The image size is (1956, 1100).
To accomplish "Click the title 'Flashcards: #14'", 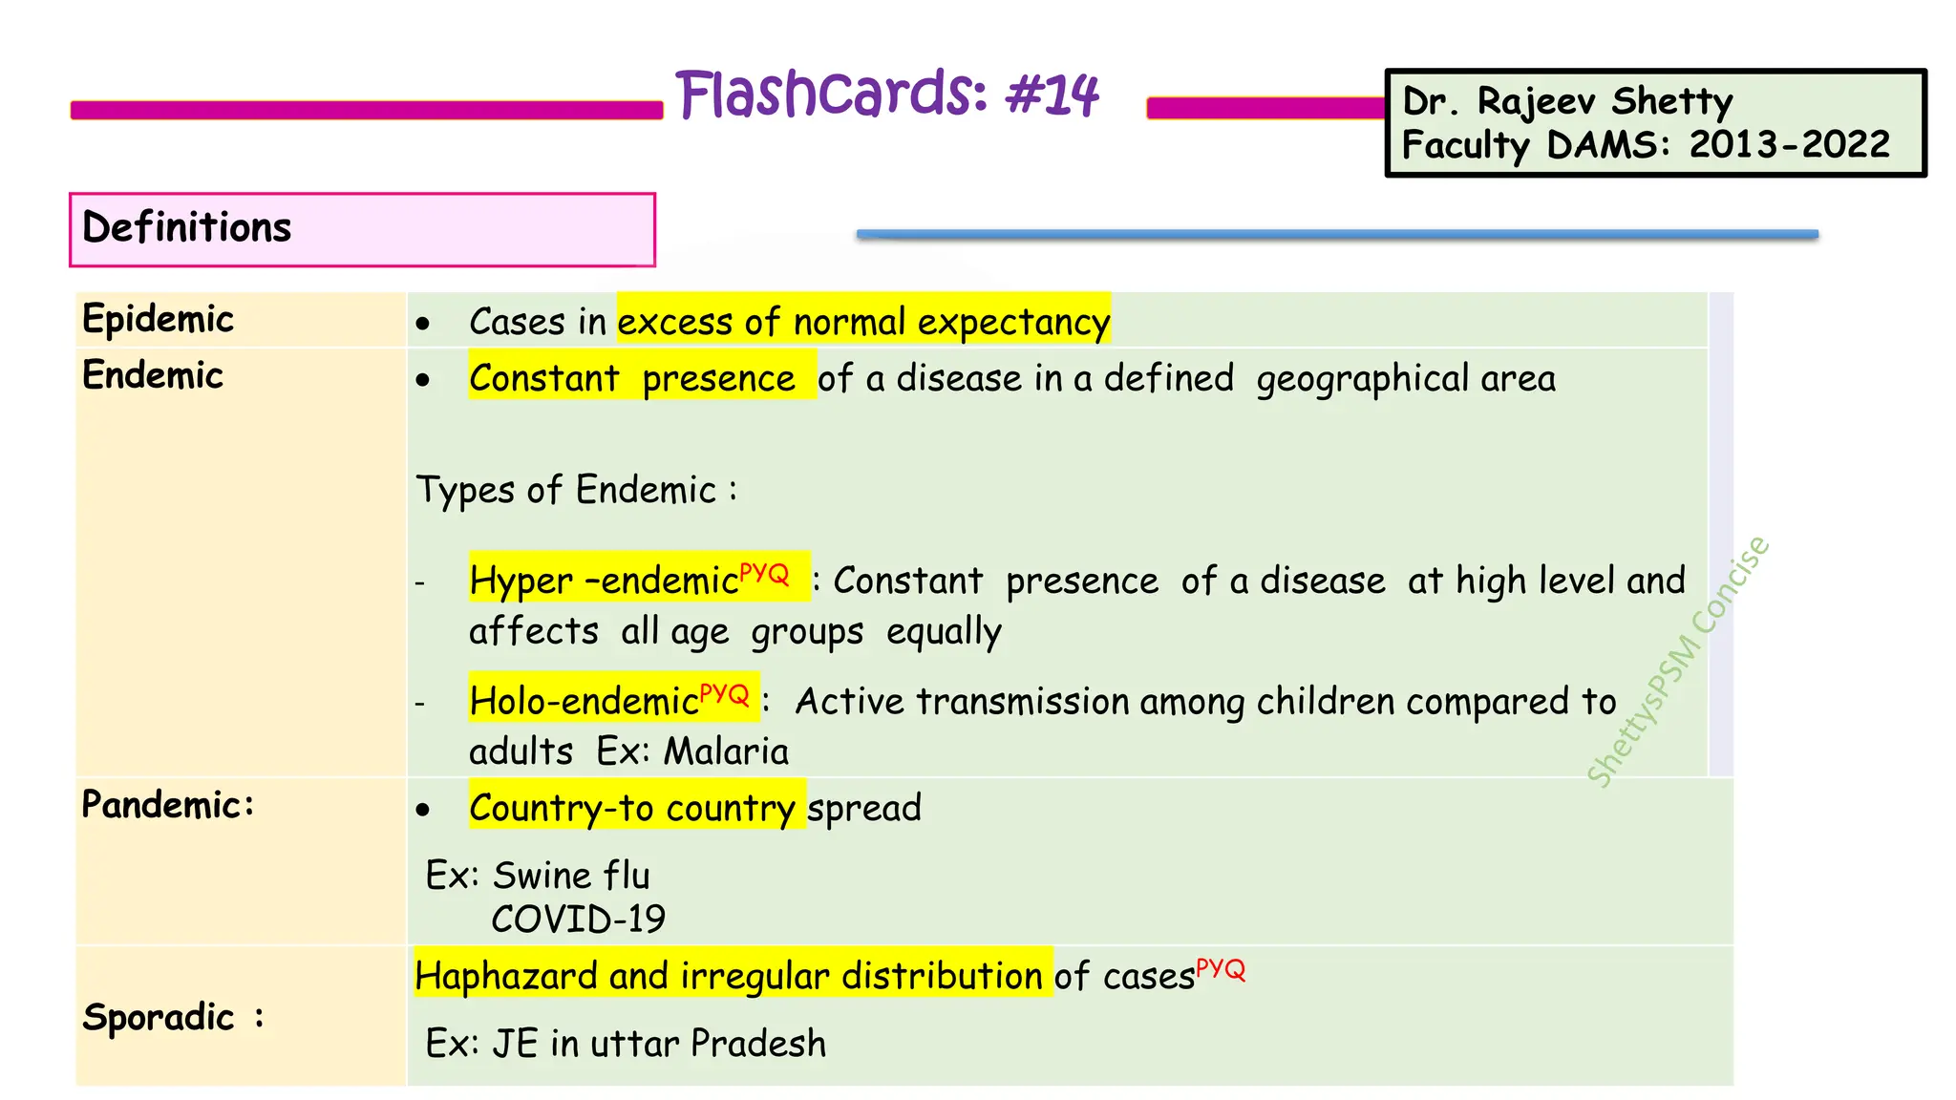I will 887,95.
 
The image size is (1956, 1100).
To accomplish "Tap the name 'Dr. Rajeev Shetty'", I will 1566,101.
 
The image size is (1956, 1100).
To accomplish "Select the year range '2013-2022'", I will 1789,145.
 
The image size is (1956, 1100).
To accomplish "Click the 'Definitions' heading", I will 187,228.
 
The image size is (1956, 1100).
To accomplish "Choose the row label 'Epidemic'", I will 158,319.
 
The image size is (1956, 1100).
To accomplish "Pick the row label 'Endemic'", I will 153,375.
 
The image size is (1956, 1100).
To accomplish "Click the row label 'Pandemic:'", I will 168,805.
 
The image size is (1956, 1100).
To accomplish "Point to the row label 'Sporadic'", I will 159,1017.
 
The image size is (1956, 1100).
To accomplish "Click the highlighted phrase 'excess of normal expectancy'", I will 863,322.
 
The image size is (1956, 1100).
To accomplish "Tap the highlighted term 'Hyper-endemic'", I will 604,580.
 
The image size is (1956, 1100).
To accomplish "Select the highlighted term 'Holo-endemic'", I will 584,701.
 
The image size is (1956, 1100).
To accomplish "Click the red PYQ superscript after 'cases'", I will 1221,970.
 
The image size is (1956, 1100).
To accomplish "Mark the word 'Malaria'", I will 726,751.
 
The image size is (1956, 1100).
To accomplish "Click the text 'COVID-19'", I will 578,920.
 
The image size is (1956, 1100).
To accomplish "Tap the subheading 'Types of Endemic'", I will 566,490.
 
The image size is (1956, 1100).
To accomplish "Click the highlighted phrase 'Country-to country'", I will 632,808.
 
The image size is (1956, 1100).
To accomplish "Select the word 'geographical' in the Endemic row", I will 1363,379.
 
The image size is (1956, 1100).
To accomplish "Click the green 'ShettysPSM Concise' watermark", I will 1678,663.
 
